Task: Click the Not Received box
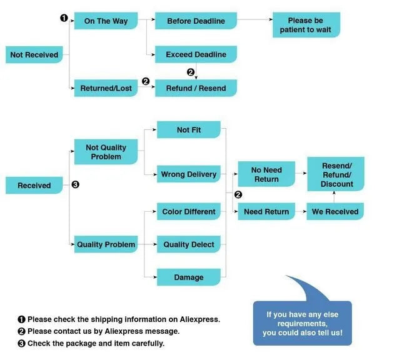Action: click(x=34, y=55)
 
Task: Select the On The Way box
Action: click(x=106, y=21)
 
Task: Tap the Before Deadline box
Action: click(x=196, y=21)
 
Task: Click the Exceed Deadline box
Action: click(x=196, y=54)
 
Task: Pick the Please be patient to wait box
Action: click(x=306, y=25)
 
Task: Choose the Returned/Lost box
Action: click(x=106, y=88)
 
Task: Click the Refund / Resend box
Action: click(x=196, y=88)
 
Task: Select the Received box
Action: click(x=34, y=186)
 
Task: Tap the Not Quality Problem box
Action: click(x=106, y=152)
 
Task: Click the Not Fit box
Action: click(x=189, y=130)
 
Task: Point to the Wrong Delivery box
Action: click(x=189, y=174)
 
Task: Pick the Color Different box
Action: click(x=189, y=212)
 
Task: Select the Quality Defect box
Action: click(x=189, y=244)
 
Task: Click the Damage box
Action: click(x=189, y=277)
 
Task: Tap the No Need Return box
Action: click(x=266, y=174)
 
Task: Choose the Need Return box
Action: click(x=266, y=212)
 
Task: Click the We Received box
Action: click(x=335, y=212)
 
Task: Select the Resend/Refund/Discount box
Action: click(x=336, y=174)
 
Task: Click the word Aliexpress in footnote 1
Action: click(x=198, y=319)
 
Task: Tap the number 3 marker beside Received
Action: click(x=75, y=185)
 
